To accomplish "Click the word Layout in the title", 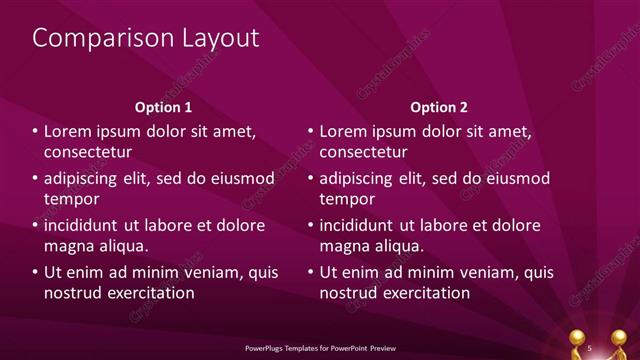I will click(x=216, y=38).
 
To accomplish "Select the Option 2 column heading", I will click(x=437, y=107).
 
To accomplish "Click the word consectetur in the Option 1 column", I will click(x=88, y=153).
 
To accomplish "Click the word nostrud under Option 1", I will click(x=72, y=293).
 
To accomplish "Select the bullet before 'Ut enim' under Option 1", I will click(x=35, y=272).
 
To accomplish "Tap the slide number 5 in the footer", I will click(x=591, y=346).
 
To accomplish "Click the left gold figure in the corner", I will click(x=580, y=341).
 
